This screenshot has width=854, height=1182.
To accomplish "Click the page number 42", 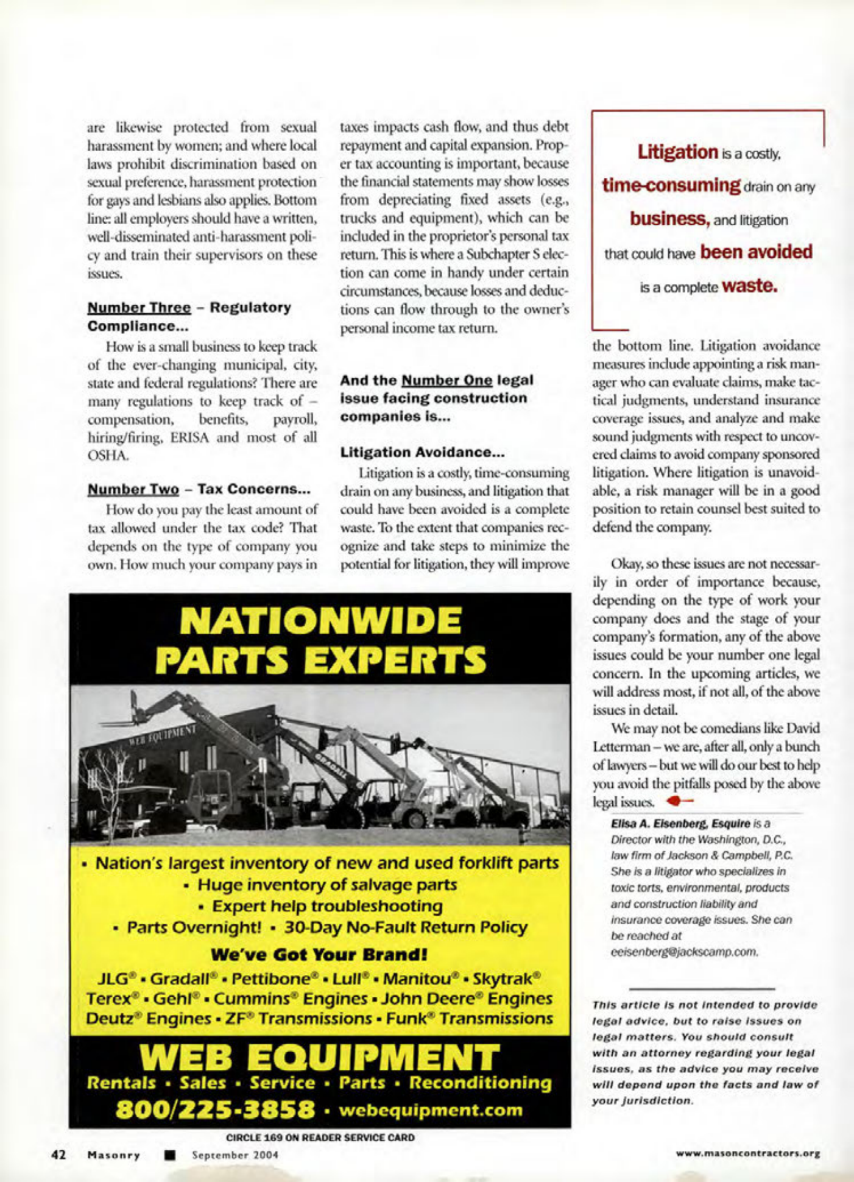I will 58,1154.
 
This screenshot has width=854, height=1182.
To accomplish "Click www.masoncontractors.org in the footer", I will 748,1153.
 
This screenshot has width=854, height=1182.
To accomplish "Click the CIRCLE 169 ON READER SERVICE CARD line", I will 320,1137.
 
